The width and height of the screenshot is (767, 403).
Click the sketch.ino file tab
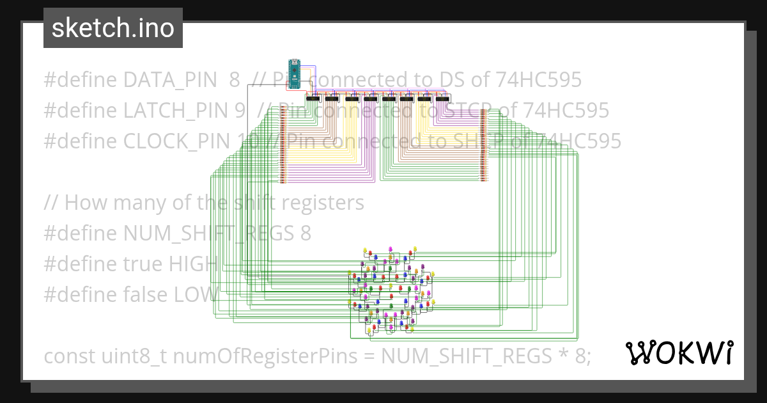click(x=113, y=28)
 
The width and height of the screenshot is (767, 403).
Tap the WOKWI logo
click(x=679, y=352)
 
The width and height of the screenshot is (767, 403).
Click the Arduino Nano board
click(x=294, y=72)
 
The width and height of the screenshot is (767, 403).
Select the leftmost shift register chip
click(x=313, y=99)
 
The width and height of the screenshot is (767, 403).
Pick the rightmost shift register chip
click(x=442, y=99)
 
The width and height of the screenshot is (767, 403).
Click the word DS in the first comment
click(x=451, y=80)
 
